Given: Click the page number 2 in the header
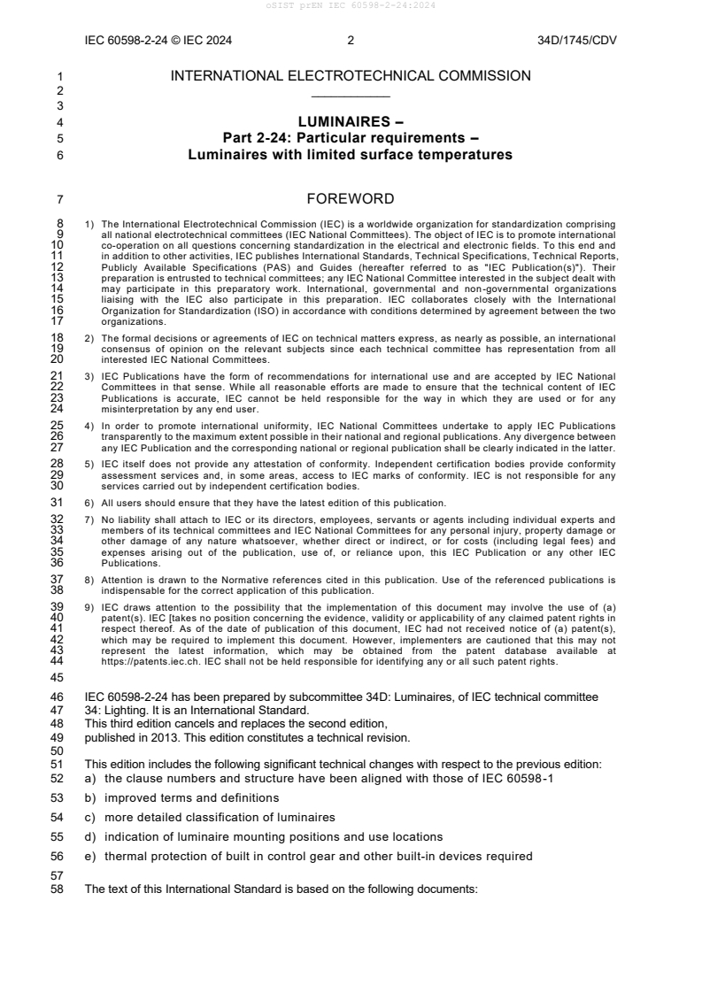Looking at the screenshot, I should click(351, 40).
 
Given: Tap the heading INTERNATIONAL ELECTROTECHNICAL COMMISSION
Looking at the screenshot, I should click(351, 77).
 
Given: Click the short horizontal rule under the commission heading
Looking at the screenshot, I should click(351, 96).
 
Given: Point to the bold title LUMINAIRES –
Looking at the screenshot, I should click(351, 122).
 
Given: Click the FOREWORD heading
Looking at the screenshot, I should click(351, 199).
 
